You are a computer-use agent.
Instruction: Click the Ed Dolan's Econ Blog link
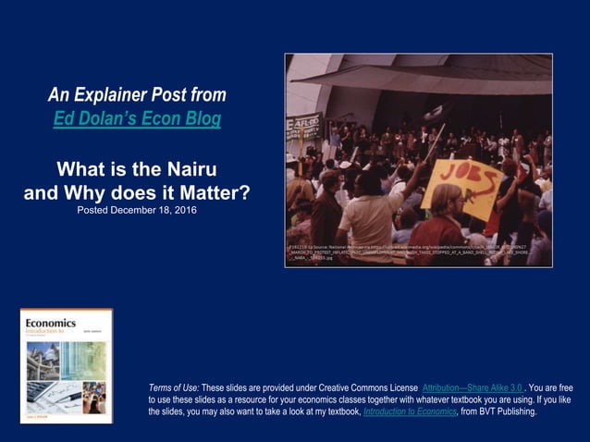click(137, 119)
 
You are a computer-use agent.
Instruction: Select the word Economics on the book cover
click(51, 323)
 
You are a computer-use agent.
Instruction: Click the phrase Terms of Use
click(173, 386)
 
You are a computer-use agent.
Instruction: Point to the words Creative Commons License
click(366, 386)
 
